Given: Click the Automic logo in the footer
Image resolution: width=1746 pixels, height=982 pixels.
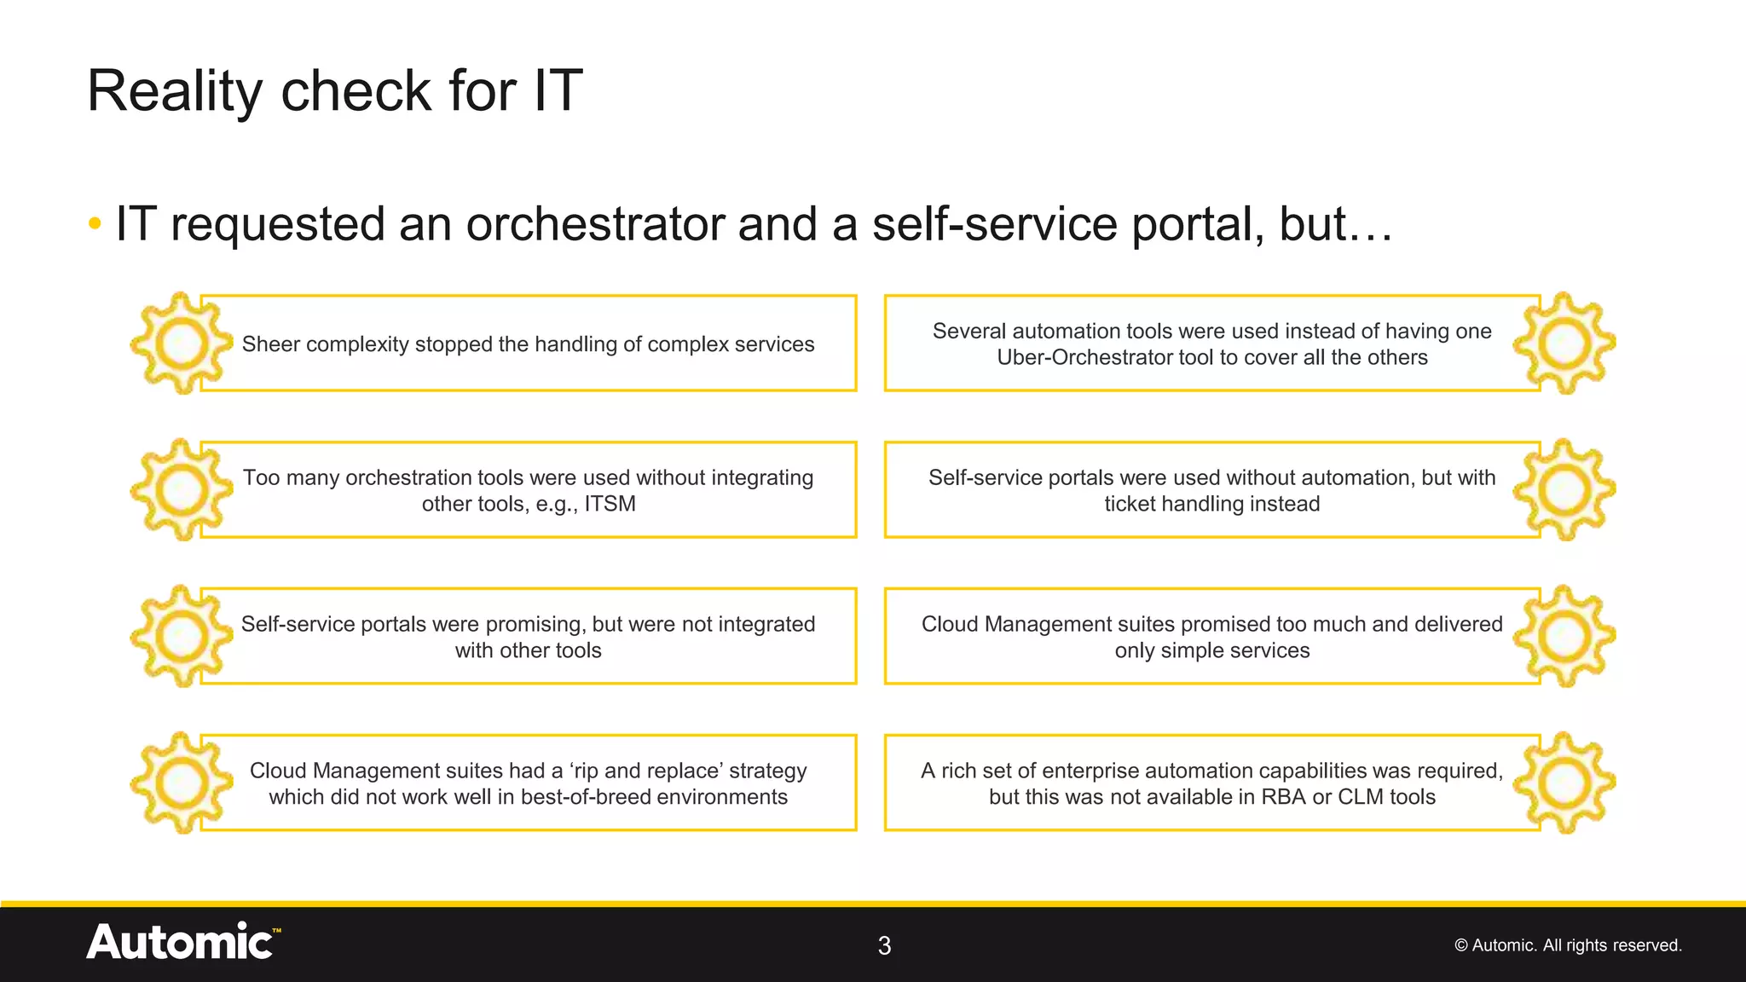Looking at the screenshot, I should pos(182,943).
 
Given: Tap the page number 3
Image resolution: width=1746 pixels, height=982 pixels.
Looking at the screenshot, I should pos(884,945).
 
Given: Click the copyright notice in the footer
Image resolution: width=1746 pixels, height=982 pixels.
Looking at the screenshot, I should pos(1567,945).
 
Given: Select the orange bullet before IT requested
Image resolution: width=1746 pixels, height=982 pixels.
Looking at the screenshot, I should pos(95,225).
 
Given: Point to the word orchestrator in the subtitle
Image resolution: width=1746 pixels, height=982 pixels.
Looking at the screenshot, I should pos(593,225).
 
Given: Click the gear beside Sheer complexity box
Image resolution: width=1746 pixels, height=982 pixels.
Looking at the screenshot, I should pos(181,344).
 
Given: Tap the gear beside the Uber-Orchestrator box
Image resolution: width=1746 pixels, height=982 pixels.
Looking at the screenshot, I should pos(1564,344).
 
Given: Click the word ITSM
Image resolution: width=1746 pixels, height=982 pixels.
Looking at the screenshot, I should pos(610,504).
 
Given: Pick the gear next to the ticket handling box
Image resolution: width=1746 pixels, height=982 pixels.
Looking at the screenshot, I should pos(1564,490).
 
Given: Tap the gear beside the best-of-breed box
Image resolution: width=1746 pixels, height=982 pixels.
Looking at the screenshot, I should pos(181,783).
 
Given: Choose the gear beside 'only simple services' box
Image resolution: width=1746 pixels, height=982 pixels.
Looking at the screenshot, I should pos(1564,637).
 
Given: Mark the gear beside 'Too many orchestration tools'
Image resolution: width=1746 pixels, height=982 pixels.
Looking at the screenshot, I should pos(181,490).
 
